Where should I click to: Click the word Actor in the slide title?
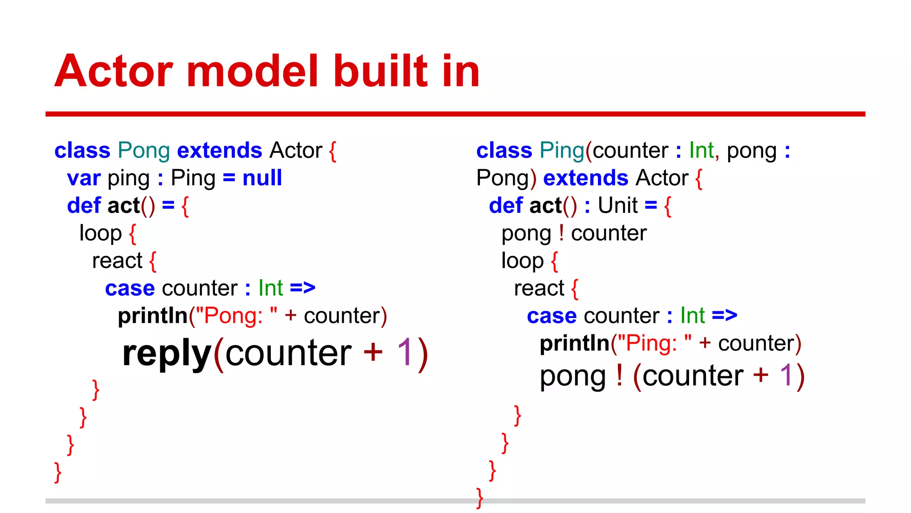(x=113, y=71)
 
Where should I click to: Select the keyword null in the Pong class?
(x=262, y=178)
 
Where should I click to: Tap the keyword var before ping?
(x=84, y=179)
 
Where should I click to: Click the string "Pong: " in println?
(x=236, y=316)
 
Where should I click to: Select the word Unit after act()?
(x=617, y=206)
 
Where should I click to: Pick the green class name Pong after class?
(x=144, y=151)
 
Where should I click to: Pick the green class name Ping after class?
(x=561, y=151)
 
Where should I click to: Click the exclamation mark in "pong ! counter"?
(x=561, y=233)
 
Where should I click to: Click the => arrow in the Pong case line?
(x=302, y=288)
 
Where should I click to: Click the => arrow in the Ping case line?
(x=724, y=316)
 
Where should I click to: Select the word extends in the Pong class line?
(x=219, y=151)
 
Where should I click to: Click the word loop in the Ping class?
(x=522, y=261)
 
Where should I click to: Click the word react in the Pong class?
(x=117, y=261)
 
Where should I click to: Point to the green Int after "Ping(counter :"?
(x=701, y=151)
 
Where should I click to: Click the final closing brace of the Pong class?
(x=58, y=472)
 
